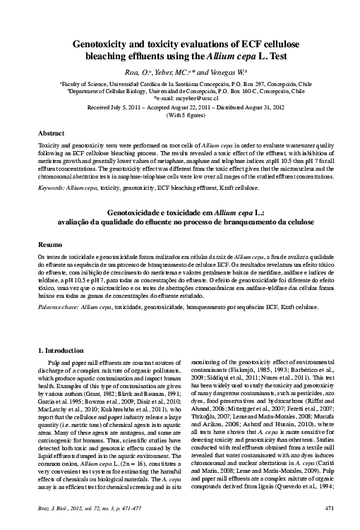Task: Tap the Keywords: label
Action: (54, 189)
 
